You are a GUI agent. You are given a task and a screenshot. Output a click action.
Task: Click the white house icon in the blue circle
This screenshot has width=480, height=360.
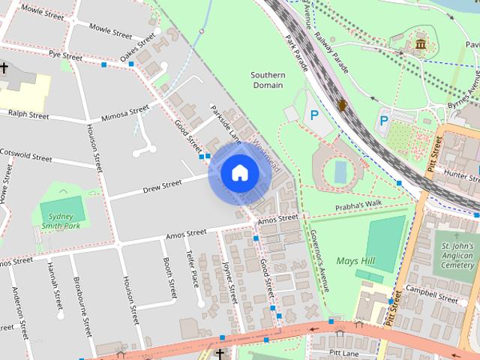[x=239, y=173]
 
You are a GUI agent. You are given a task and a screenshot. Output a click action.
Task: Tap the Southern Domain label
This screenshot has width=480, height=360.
[x=267, y=80]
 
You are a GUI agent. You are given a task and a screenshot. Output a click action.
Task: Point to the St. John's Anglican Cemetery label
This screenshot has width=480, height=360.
[x=457, y=255]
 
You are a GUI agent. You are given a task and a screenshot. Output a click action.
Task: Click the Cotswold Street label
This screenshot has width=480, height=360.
[x=26, y=159]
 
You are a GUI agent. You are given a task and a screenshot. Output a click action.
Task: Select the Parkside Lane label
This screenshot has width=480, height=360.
[x=225, y=122]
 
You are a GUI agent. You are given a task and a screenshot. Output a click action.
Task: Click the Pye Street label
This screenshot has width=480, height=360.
[x=65, y=55]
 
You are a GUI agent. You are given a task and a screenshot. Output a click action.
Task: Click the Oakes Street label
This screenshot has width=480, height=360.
[x=138, y=49]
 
